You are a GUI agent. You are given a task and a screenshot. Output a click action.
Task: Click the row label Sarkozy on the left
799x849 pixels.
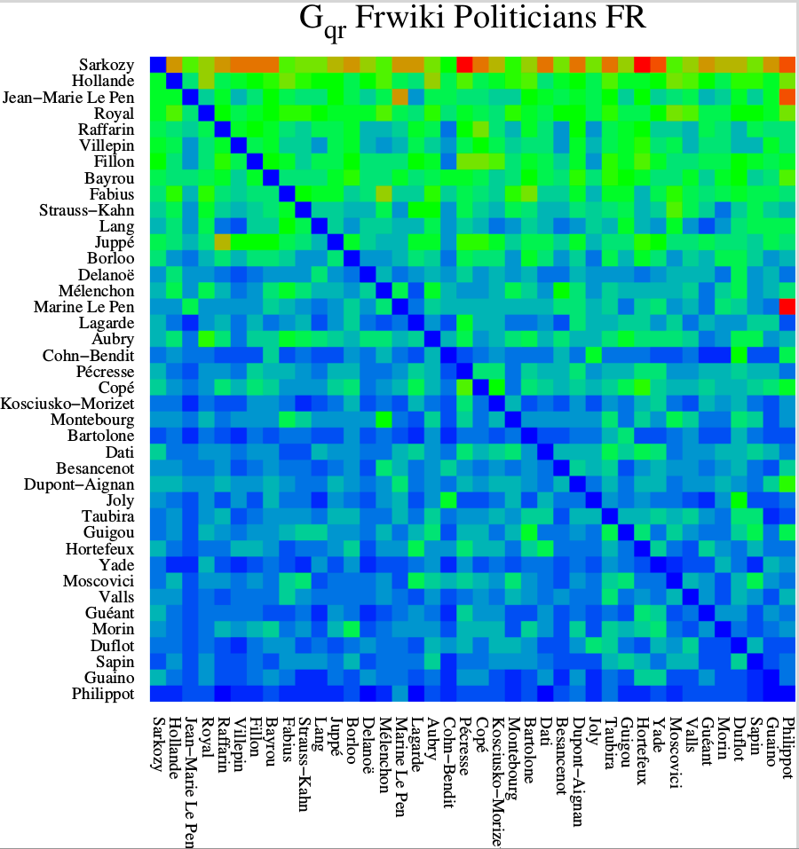coord(107,65)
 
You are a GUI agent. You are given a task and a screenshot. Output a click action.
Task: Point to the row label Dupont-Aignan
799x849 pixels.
coord(79,484)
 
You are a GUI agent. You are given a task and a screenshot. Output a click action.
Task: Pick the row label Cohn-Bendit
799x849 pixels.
coord(92,355)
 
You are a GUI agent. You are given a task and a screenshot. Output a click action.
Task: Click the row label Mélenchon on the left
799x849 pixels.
coord(99,291)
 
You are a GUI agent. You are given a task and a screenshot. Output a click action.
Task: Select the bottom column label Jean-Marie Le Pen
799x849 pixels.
coord(190,777)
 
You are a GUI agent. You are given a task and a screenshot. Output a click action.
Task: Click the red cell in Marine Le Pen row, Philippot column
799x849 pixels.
coord(787,307)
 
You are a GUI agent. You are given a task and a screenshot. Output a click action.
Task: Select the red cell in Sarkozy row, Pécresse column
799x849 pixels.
coord(464,65)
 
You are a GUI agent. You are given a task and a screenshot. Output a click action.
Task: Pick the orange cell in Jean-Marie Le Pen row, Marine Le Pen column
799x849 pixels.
coord(399,97)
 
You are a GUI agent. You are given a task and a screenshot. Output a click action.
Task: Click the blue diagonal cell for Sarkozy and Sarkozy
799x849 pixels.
coord(158,65)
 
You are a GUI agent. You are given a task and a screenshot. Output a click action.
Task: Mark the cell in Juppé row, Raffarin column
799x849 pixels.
coord(222,242)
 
